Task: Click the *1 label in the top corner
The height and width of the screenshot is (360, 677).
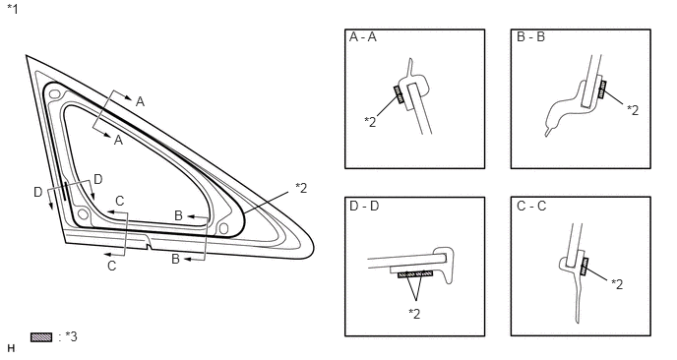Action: point(13,9)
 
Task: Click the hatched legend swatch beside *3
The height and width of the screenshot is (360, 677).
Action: point(41,337)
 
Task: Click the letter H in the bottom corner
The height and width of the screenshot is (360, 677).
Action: point(11,348)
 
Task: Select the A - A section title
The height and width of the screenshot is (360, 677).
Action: point(363,37)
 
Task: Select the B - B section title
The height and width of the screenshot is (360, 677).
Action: point(530,37)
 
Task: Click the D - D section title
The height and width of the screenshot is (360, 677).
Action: point(364,207)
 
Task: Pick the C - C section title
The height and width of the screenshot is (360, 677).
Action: point(531,207)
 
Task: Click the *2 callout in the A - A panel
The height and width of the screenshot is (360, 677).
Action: point(370,122)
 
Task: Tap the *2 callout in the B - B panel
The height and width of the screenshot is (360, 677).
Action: point(633,110)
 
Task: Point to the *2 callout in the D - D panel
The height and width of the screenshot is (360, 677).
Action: point(414,314)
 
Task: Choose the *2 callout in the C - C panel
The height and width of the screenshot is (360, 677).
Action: point(617,284)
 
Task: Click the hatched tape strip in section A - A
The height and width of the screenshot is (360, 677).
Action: point(398,94)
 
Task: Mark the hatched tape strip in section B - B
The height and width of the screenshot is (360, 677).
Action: point(602,90)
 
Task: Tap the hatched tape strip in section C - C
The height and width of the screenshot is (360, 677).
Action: point(585,267)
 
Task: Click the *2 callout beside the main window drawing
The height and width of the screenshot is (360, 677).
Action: point(301,188)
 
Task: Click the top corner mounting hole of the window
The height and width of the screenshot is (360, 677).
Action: point(54,93)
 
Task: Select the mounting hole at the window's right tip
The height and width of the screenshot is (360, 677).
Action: point(223,228)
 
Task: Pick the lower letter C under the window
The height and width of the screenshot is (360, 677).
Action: point(112,266)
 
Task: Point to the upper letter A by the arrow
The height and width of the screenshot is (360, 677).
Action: point(140,102)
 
